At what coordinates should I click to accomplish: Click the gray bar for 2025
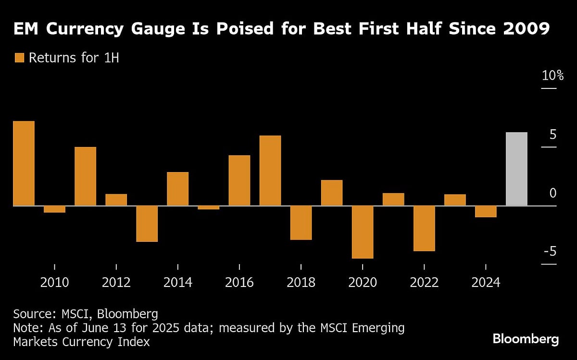pyautogui.click(x=516, y=169)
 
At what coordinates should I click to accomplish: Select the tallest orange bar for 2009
pyautogui.click(x=24, y=163)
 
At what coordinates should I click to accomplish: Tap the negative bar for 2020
pyautogui.click(x=363, y=232)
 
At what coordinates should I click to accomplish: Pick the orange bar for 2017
pyautogui.click(x=270, y=171)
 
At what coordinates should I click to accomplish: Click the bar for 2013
pyautogui.click(x=147, y=223)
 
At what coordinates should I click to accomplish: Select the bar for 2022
pyautogui.click(x=424, y=228)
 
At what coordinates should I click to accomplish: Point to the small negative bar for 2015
pyautogui.click(x=209, y=208)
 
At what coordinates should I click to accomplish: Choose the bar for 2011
pyautogui.click(x=85, y=176)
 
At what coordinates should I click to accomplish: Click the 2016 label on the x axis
pyautogui.click(x=239, y=282)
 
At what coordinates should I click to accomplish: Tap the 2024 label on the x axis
pyautogui.click(x=486, y=282)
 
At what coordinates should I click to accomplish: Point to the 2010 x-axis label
pyautogui.click(x=54, y=282)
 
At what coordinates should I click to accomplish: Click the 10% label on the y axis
pyautogui.click(x=552, y=76)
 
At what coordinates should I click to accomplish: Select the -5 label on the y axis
pyautogui.click(x=550, y=251)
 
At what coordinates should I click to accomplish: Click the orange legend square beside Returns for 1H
pyautogui.click(x=19, y=58)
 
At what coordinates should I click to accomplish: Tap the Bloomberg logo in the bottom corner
pyautogui.click(x=526, y=339)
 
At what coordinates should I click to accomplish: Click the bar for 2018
pyautogui.click(x=301, y=223)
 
